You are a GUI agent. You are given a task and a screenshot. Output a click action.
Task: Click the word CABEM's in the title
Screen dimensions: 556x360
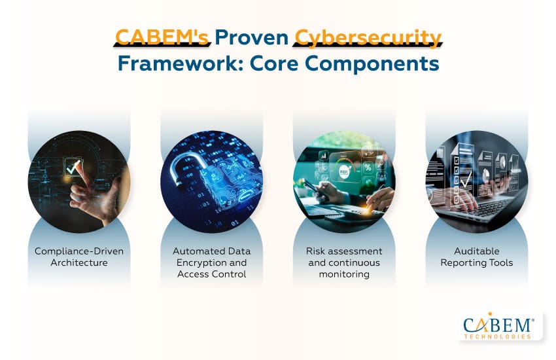click(x=162, y=37)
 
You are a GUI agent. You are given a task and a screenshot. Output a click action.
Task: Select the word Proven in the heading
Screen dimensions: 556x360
click(x=252, y=37)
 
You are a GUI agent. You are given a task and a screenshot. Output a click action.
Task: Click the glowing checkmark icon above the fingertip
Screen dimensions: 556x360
click(x=73, y=167)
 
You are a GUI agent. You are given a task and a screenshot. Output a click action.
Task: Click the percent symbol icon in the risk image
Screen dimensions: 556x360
click(x=368, y=168)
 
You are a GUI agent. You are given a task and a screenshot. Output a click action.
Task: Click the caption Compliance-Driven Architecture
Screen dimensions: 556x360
click(x=79, y=257)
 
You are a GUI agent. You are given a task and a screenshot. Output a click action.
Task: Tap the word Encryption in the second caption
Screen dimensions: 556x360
click(x=198, y=263)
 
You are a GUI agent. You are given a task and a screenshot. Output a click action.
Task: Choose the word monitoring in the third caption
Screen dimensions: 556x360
click(x=344, y=274)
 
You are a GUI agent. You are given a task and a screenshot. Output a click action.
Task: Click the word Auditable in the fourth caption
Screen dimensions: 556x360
click(x=477, y=251)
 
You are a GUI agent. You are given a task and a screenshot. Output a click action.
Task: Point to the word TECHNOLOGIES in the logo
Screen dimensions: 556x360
click(x=498, y=336)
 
